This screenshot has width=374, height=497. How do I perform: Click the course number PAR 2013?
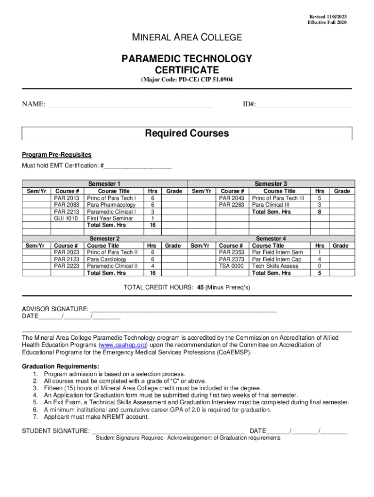[66, 198]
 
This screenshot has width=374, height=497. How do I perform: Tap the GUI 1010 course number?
[66, 218]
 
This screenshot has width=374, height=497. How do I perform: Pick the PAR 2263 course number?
[232, 205]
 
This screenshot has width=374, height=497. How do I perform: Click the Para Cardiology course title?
[106, 259]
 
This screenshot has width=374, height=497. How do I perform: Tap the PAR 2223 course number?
[66, 266]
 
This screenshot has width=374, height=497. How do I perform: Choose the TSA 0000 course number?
[231, 266]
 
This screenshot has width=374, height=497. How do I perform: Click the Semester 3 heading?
[271, 184]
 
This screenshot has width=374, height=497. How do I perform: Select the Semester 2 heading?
[104, 239]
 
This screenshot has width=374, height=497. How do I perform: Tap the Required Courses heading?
[187, 133]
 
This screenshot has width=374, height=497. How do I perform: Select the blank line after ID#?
[304, 104]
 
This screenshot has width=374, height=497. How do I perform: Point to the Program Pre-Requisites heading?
[56, 155]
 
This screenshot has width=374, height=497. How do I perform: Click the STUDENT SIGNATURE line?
[168, 431]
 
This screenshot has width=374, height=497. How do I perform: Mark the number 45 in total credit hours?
[200, 287]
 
